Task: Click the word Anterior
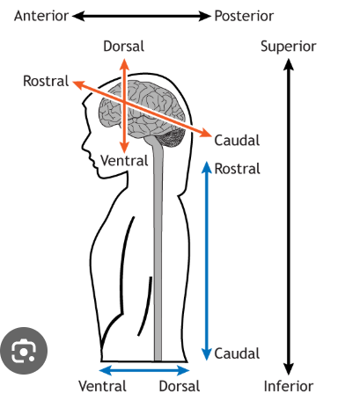coord(41,16)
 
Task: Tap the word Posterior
coord(244,16)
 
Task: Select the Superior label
coord(289,47)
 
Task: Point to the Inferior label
coord(289,386)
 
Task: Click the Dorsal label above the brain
coord(123,47)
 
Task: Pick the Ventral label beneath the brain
coord(124,161)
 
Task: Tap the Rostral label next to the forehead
coord(46,81)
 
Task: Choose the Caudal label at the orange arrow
coord(237,141)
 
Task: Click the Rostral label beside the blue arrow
coord(238,169)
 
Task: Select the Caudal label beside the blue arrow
coord(237,353)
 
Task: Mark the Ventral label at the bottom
coord(102,386)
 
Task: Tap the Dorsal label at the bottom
coord(180,386)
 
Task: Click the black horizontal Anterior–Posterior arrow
coord(142,16)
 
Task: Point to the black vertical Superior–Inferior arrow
coord(289,217)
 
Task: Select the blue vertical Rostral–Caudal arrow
coord(207,261)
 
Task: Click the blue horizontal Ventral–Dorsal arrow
coord(144,371)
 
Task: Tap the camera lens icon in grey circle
coord(24,351)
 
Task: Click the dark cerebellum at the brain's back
coord(172,138)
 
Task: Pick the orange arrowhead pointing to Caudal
coord(206,133)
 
